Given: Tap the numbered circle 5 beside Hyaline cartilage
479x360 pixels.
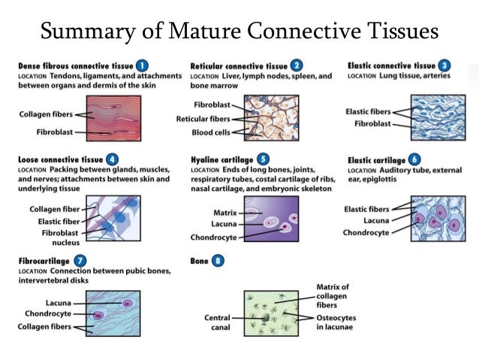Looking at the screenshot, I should [263, 159].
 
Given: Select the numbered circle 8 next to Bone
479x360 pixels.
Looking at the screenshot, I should [218, 262].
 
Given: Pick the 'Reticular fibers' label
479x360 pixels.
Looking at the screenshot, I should [203, 119].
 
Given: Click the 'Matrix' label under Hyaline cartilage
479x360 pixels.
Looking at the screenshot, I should [225, 213].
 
